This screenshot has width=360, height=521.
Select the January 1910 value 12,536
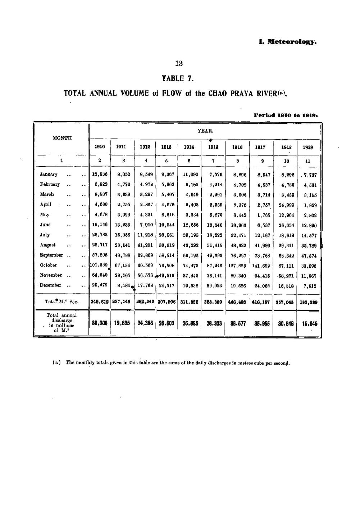coord(100,175)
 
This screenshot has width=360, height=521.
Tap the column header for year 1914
coord(189,147)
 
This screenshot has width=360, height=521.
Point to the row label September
coord(51,255)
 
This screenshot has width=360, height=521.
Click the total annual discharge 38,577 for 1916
coord(236,323)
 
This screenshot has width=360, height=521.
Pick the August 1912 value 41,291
coord(145,245)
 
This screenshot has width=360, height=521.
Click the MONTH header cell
coord(62,138)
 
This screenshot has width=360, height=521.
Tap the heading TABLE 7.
coord(179,79)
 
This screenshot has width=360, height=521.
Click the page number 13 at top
coord(179,64)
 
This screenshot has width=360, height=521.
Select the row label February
coord(50,185)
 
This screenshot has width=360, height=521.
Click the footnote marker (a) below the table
coord(56,363)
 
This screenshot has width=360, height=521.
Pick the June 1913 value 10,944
coord(167,225)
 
